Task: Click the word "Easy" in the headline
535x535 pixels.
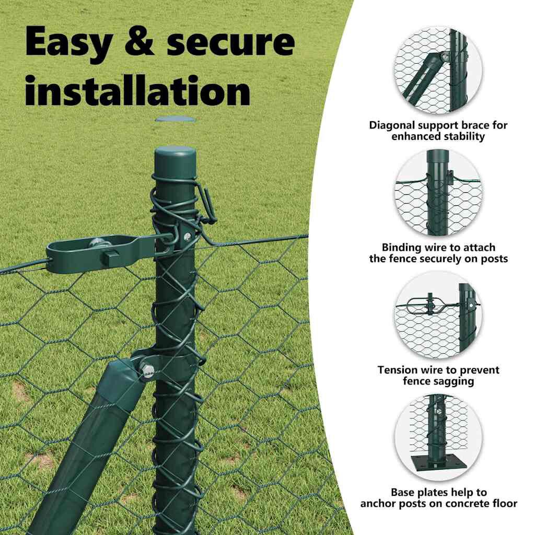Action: [x=68, y=42]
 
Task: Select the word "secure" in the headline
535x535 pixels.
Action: [x=230, y=42]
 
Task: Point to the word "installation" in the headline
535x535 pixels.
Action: [x=138, y=89]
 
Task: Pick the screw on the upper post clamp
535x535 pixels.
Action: [x=187, y=237]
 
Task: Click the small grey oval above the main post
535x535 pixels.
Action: [x=176, y=120]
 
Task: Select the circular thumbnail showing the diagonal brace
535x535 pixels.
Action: [x=438, y=71]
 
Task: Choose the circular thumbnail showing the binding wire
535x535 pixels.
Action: [x=438, y=193]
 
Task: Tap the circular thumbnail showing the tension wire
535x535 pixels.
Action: [x=438, y=315]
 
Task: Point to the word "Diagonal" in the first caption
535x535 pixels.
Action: [x=391, y=125]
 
